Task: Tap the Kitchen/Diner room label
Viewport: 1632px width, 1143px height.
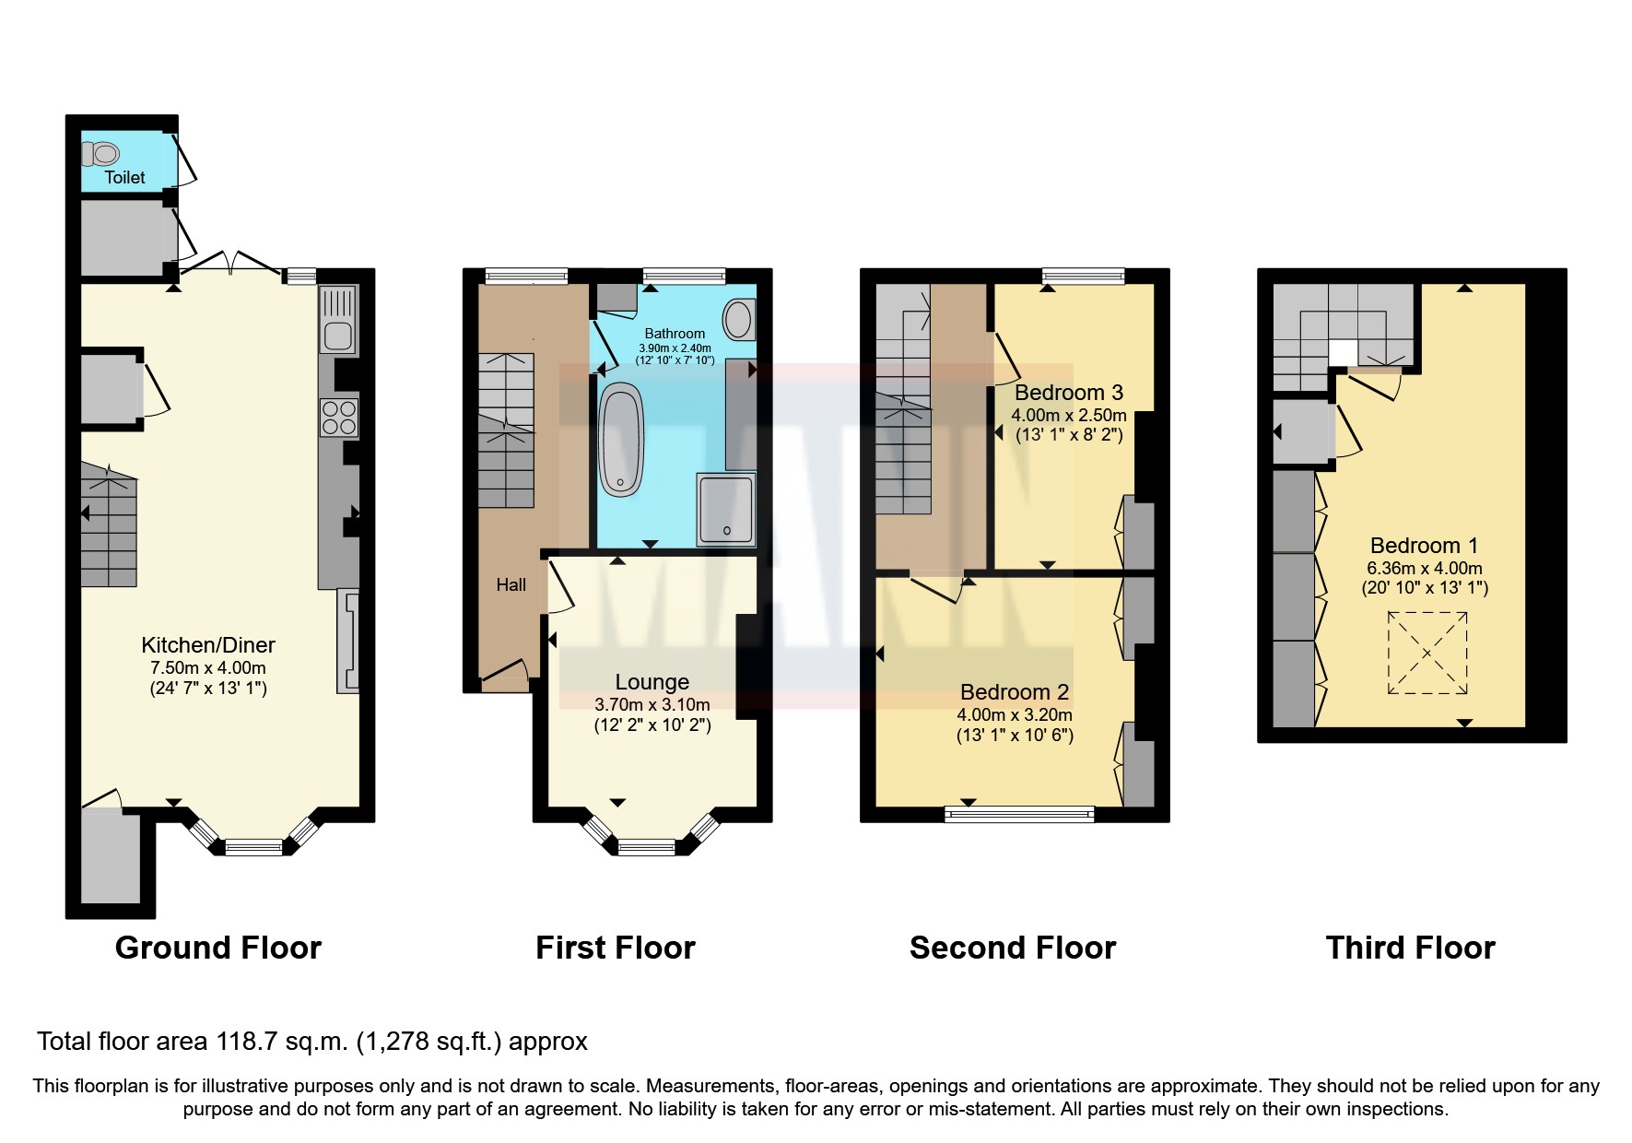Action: tap(208, 645)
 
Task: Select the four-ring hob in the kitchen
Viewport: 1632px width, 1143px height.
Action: tap(338, 417)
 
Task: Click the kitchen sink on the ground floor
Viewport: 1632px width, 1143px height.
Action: tap(338, 336)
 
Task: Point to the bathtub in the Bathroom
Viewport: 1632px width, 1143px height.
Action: tap(621, 441)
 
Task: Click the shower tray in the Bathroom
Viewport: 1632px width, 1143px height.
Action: tap(726, 508)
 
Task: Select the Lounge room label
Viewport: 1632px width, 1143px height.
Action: tap(652, 682)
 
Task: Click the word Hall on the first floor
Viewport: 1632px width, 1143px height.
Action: tap(511, 584)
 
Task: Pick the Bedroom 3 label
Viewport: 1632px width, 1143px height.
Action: tap(1068, 393)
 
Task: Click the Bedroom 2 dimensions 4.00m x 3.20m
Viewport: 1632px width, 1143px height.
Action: tap(1014, 714)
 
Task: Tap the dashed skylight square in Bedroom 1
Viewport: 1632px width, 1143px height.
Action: tap(1427, 654)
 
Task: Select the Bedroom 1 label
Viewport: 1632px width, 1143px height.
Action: tap(1424, 546)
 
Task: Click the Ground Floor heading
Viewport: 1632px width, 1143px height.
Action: tap(218, 948)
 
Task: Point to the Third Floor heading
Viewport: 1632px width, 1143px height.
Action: tap(1410, 948)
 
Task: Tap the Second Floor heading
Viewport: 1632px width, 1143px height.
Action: tap(1012, 948)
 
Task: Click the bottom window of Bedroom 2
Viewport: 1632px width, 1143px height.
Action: tap(1019, 814)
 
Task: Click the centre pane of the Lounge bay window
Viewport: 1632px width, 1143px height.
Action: tap(646, 847)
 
